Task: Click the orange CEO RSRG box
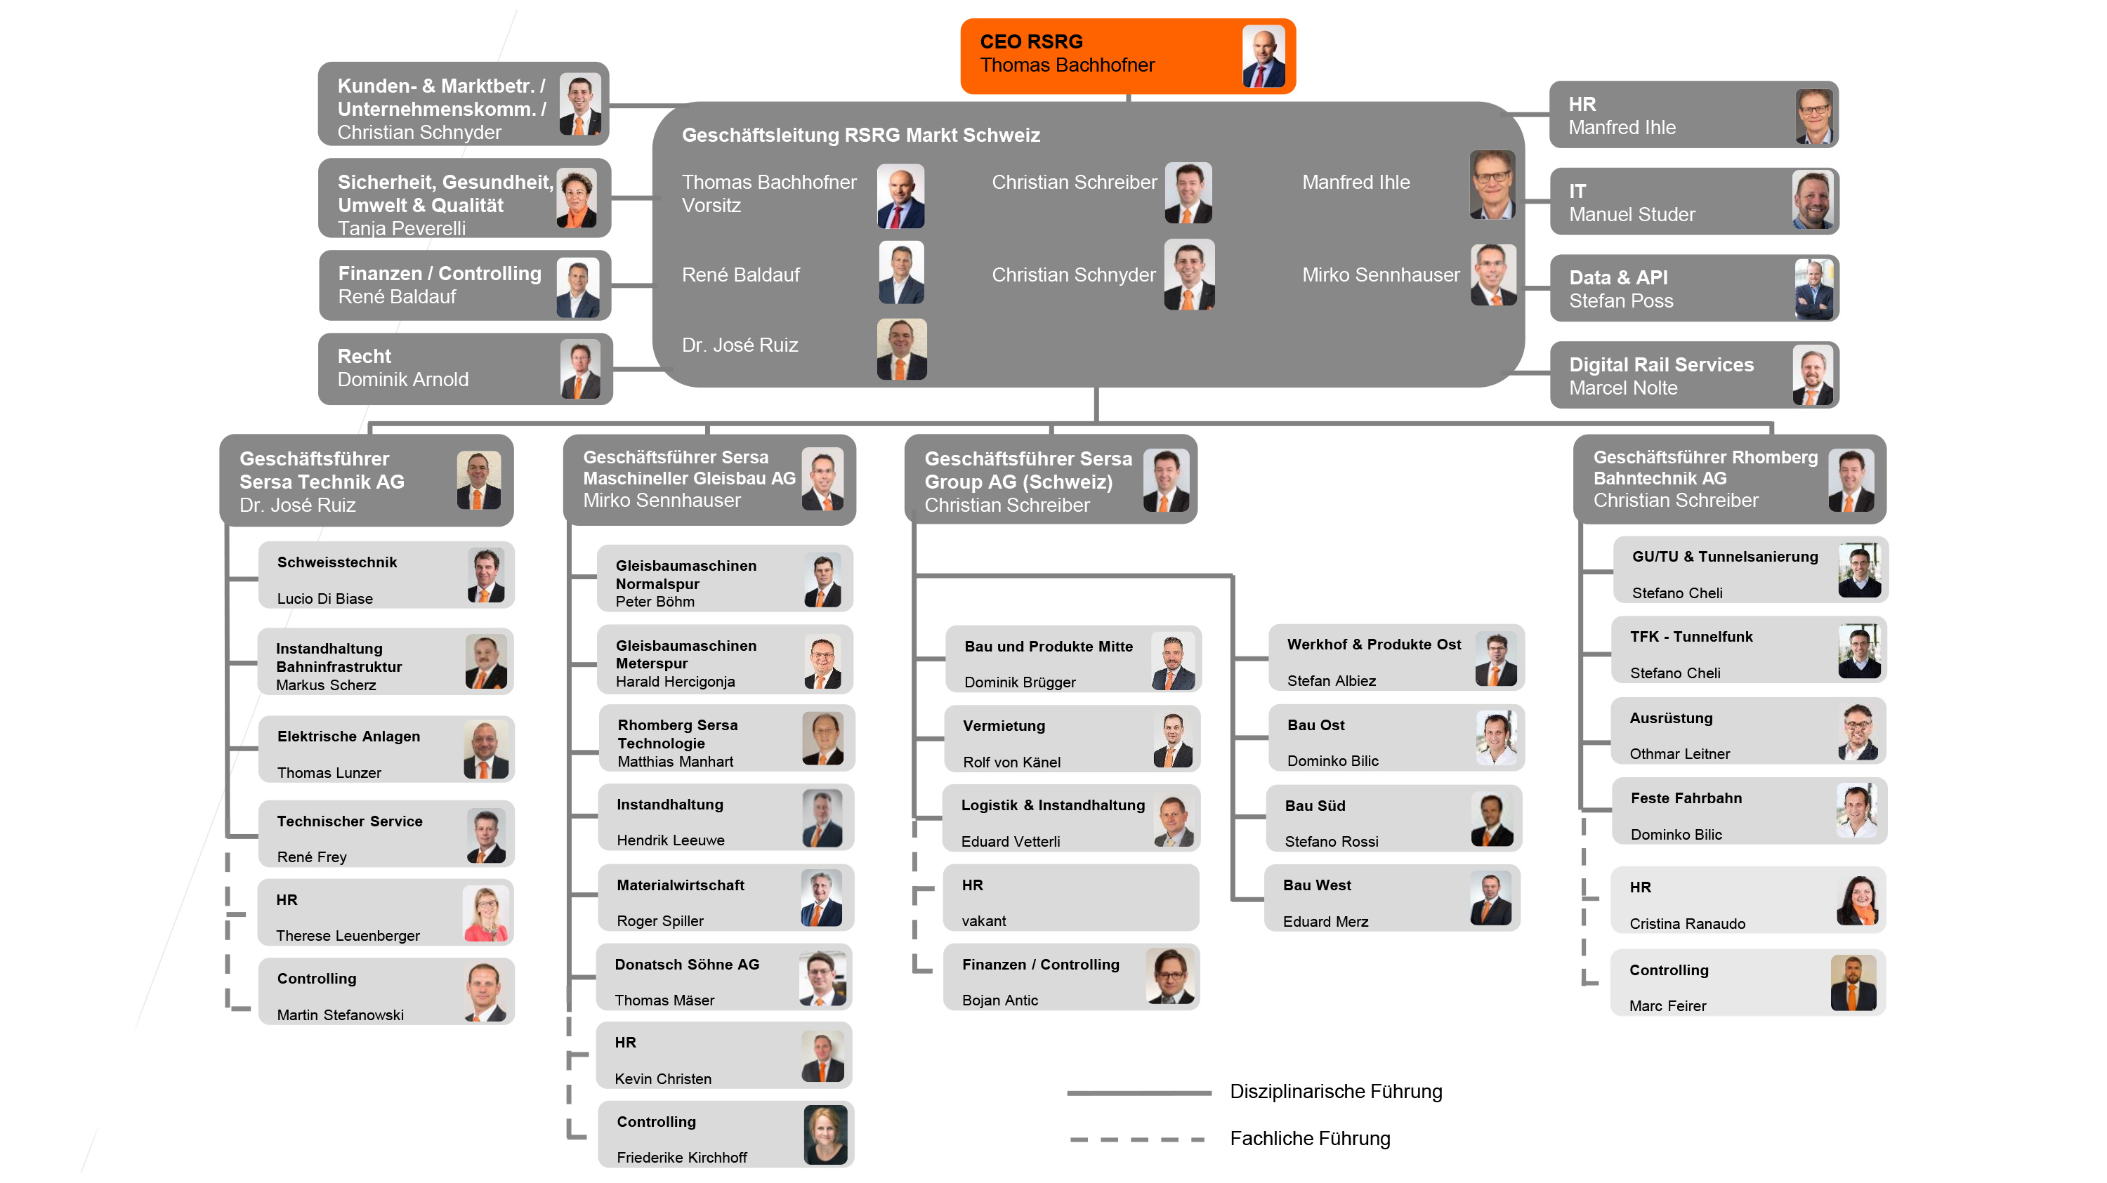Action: [1127, 55]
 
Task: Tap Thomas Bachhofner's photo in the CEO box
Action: [1263, 55]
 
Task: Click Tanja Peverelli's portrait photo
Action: [577, 199]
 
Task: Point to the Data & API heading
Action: [1618, 277]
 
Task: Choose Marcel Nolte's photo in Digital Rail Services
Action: [1812, 375]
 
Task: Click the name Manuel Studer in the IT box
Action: [1632, 214]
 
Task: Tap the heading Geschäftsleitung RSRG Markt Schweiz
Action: [860, 135]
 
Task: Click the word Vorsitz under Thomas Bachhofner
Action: [711, 205]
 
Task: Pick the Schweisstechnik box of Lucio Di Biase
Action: [386, 576]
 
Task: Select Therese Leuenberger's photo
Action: [485, 913]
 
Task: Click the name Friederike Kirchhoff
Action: [681, 1157]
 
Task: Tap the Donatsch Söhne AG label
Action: [687, 964]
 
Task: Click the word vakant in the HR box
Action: [983, 920]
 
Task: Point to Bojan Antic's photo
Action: [1169, 976]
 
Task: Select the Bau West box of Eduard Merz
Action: [1392, 899]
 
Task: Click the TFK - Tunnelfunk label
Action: [1691, 636]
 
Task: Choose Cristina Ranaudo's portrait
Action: [1858, 899]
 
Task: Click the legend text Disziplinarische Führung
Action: [1336, 1092]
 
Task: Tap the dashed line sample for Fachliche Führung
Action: [1138, 1139]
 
